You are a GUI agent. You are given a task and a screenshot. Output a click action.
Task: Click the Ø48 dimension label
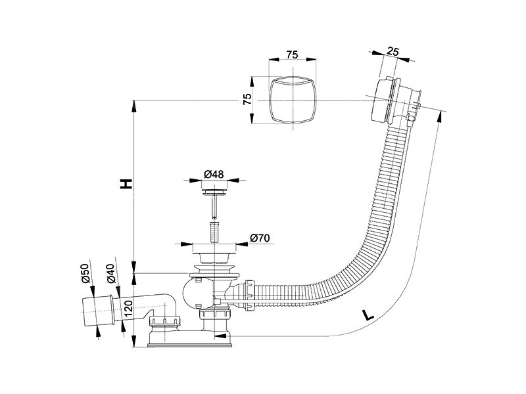214,174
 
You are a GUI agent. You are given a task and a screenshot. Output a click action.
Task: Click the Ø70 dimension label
260,238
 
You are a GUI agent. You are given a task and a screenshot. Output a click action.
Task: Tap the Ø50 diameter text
85,273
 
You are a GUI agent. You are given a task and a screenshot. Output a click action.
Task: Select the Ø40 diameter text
111,274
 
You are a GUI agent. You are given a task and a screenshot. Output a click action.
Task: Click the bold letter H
126,183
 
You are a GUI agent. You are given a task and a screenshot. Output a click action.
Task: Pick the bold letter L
368,315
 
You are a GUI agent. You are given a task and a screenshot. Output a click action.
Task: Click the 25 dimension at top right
393,52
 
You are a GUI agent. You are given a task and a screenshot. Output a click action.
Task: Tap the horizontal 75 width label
292,55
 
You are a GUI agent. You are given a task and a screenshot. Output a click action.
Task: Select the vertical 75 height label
247,99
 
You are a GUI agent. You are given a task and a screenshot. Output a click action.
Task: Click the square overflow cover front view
293,100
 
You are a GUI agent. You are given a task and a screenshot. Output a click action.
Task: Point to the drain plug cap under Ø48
214,192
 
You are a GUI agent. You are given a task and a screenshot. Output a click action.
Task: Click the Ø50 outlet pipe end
97,310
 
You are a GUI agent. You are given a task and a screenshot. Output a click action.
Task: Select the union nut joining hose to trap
250,294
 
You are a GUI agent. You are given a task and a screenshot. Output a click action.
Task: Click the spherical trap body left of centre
193,294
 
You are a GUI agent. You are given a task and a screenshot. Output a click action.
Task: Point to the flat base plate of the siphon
189,344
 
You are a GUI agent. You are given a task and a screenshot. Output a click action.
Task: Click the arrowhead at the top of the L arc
439,116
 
